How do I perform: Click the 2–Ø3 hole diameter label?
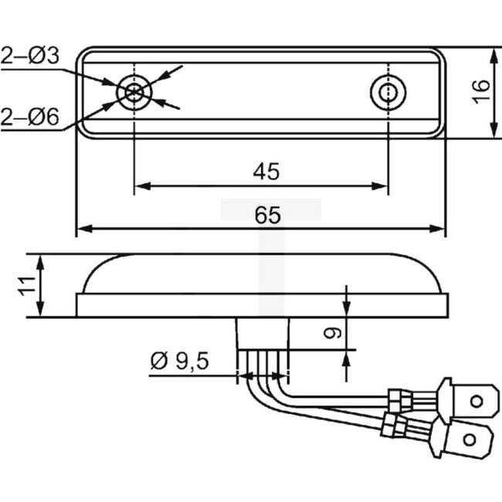click(29, 56)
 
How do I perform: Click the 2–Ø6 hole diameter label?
click(29, 117)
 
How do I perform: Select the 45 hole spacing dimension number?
click(266, 171)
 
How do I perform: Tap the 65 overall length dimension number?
click(266, 215)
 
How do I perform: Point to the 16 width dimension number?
click(480, 91)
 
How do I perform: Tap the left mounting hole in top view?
click(134, 93)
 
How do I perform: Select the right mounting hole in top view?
click(386, 93)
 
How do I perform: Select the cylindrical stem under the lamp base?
click(263, 334)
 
